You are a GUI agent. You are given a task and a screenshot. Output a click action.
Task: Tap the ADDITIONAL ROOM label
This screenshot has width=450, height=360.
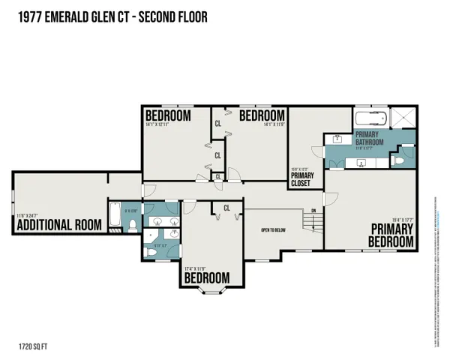59,225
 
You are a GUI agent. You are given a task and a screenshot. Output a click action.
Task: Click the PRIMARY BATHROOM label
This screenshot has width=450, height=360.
370,139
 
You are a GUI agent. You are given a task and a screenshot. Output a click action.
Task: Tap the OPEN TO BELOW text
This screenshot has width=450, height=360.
275,230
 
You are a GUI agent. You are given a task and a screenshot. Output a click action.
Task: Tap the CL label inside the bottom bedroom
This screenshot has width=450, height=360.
226,208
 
